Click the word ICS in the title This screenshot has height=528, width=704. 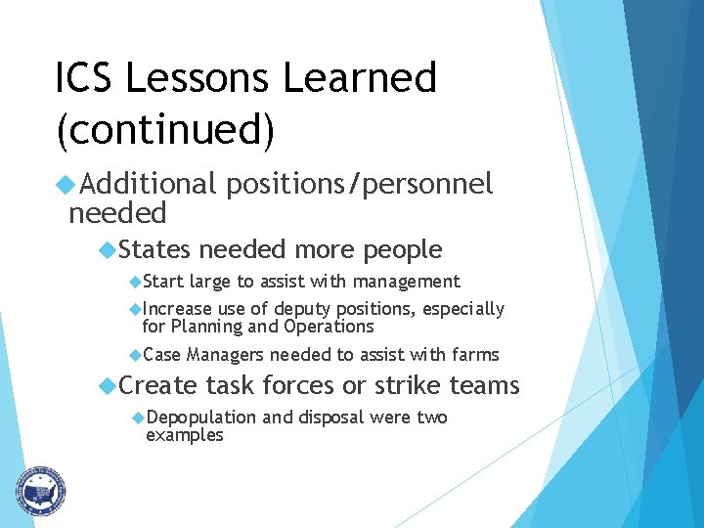(x=86, y=78)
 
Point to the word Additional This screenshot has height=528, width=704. (x=148, y=183)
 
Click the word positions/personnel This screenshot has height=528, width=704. (x=359, y=184)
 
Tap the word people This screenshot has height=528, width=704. (x=403, y=250)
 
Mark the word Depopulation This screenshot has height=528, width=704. (x=200, y=418)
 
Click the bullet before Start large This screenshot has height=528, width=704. (x=135, y=282)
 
